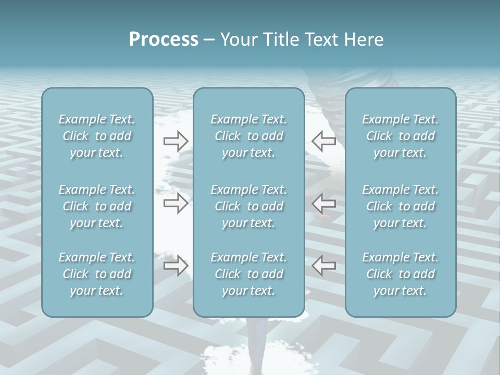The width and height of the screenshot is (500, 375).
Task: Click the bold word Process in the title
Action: click(x=164, y=40)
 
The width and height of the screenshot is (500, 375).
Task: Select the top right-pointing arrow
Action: click(x=176, y=141)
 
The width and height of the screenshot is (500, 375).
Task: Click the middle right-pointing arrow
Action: click(x=176, y=203)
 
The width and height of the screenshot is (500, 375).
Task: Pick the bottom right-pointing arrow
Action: click(x=176, y=266)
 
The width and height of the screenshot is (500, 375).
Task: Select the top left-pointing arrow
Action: click(x=323, y=141)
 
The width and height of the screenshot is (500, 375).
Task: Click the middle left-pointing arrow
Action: click(x=323, y=203)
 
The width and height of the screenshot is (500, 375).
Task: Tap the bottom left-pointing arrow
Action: click(x=323, y=266)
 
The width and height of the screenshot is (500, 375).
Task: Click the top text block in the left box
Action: click(x=97, y=136)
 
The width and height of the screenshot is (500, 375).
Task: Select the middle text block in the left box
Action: click(x=97, y=206)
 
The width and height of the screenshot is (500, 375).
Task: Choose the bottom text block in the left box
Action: click(x=97, y=274)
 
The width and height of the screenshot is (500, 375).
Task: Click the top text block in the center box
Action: click(x=249, y=136)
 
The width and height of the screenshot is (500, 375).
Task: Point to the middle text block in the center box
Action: click(x=249, y=206)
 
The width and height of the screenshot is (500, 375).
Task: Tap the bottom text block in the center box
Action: click(x=249, y=274)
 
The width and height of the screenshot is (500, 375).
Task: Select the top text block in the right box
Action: click(x=401, y=136)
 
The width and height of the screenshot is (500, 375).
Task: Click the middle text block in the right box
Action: click(x=401, y=206)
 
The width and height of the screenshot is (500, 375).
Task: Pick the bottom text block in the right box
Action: click(x=401, y=274)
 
